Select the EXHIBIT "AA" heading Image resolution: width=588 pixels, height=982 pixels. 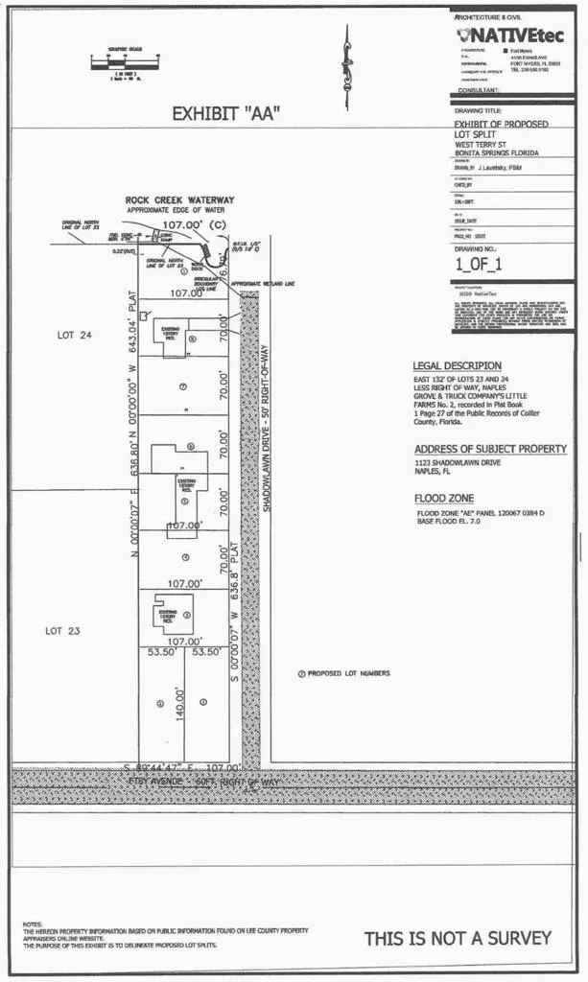tap(225, 113)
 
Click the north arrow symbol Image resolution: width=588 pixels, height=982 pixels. tap(347, 56)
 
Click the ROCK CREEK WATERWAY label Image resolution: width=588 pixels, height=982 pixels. tap(179, 199)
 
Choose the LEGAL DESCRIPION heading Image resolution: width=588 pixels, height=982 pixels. tap(457, 365)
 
